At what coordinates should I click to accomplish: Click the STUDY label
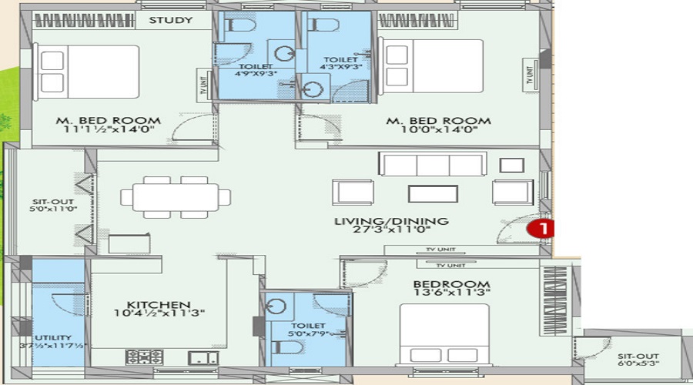(170, 20)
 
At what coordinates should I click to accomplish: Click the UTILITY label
(52, 337)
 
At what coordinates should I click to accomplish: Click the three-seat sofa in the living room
(432, 164)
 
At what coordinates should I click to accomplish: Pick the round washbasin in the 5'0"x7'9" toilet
(277, 306)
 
